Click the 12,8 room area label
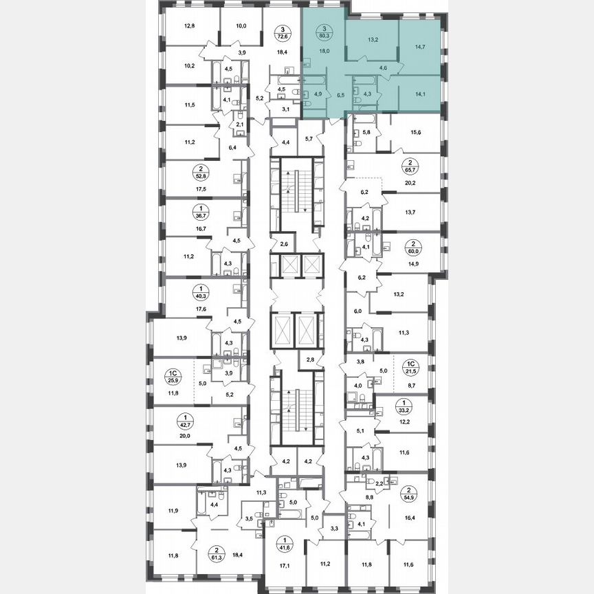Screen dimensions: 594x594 (190, 27)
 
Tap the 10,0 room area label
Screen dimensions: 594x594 (241, 27)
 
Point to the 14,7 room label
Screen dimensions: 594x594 (417, 47)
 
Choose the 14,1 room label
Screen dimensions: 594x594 (417, 87)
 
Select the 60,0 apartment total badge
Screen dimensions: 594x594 (413, 247)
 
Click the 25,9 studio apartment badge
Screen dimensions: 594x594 (173, 376)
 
